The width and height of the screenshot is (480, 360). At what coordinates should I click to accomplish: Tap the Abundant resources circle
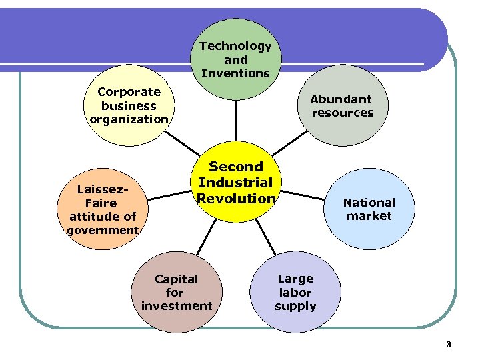(x=342, y=106)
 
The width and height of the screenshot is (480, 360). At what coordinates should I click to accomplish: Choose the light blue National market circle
(x=369, y=209)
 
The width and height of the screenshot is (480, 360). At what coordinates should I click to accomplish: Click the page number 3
(x=449, y=345)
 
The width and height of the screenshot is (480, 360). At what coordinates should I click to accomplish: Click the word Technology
(x=235, y=46)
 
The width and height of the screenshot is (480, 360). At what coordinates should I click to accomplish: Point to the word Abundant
(x=341, y=99)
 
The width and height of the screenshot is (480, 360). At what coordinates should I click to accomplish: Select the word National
(x=369, y=203)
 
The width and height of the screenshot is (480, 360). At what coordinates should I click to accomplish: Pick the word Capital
(x=176, y=279)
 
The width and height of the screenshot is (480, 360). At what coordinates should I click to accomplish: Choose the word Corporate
(x=129, y=92)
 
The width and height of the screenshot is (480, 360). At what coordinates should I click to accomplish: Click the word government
(x=103, y=231)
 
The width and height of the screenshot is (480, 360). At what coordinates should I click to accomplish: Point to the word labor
(x=295, y=293)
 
